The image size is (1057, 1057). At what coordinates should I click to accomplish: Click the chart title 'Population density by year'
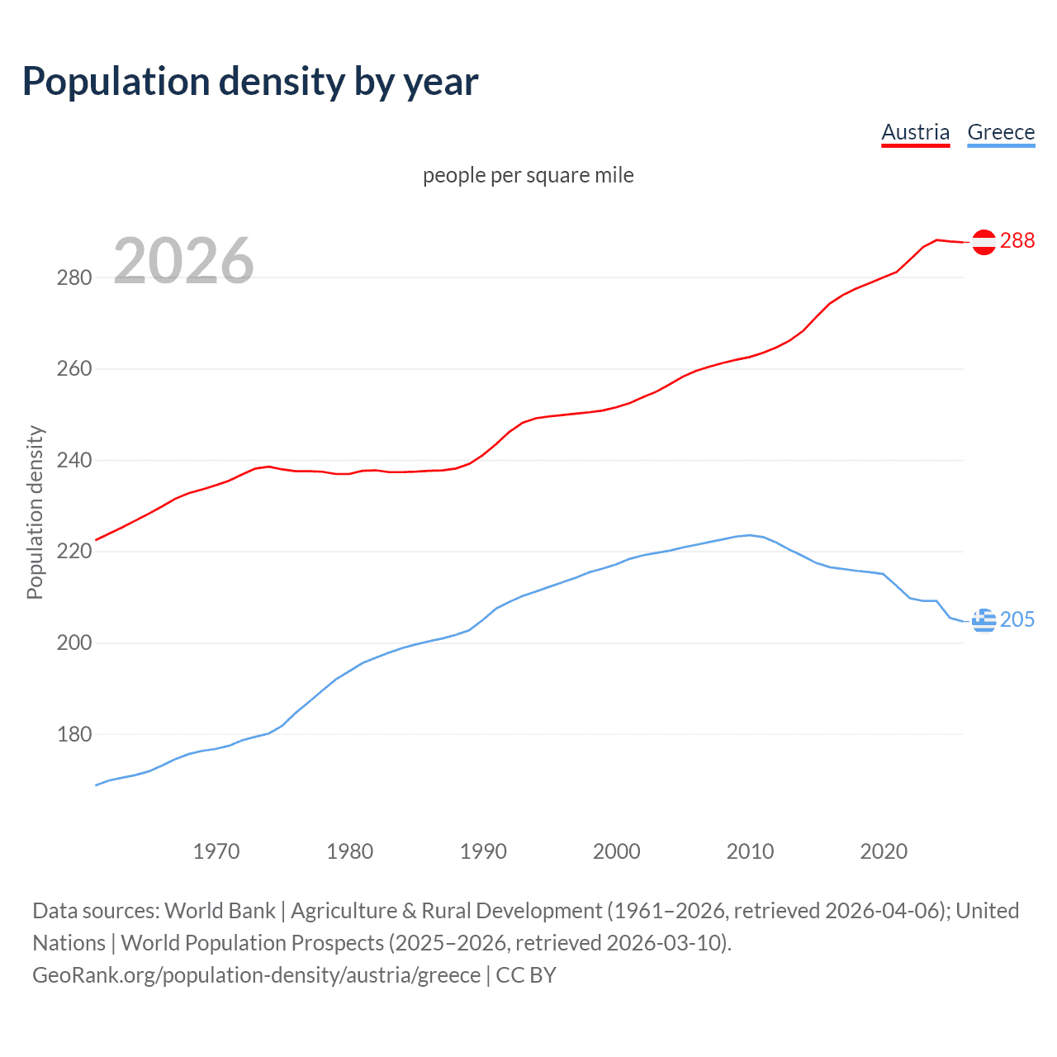[x=250, y=82]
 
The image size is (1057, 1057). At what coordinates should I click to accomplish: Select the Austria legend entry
[x=915, y=132]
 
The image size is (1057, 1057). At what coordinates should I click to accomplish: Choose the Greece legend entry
[x=1001, y=132]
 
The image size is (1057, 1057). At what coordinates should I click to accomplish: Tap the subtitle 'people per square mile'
[x=528, y=175]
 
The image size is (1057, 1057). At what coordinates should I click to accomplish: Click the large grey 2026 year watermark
[x=183, y=261]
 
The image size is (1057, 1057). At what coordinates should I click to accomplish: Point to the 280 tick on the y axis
[x=74, y=277]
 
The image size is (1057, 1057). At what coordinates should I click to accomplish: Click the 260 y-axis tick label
[x=74, y=369]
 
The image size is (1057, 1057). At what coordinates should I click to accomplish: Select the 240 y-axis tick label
[x=74, y=460]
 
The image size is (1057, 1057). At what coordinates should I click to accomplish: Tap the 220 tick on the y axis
[x=74, y=552]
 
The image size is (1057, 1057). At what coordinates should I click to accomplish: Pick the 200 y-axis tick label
[x=74, y=642]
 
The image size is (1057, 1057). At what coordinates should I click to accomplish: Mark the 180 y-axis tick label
[x=74, y=734]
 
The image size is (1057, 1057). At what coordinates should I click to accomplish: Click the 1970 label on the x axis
[x=216, y=851]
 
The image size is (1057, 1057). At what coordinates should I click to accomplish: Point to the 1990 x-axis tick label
[x=483, y=851]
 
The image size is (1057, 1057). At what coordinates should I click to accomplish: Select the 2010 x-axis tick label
[x=750, y=851]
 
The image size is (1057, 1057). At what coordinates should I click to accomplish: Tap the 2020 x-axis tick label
[x=884, y=851]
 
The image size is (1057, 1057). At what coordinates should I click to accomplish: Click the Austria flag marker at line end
[x=984, y=242]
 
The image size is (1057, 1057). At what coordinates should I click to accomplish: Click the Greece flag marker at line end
[x=984, y=620]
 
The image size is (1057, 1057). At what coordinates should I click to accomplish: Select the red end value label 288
[x=1017, y=240]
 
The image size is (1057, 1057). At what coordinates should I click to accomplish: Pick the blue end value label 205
[x=1017, y=619]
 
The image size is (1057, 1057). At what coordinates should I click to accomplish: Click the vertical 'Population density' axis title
[x=35, y=512]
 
